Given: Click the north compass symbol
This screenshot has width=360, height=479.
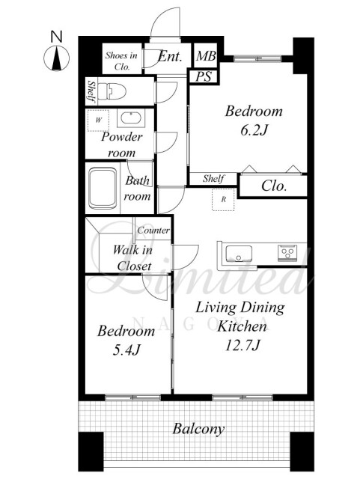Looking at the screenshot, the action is (x=57, y=58).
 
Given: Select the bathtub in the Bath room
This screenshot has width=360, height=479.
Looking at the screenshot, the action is (x=103, y=188).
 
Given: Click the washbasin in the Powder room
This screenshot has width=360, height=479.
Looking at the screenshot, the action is (x=131, y=118).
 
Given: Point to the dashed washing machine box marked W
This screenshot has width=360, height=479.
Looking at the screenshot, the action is (x=98, y=120).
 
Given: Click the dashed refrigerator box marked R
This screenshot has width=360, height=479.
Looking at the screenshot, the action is (x=223, y=200).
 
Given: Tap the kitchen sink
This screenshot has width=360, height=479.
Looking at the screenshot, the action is (x=239, y=254).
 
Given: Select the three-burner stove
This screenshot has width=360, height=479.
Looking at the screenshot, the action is (x=287, y=253).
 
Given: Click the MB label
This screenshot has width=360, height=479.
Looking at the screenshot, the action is (x=206, y=56).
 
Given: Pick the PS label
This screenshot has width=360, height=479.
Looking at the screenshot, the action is (x=204, y=76).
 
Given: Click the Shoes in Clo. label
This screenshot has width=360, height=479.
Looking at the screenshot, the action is (x=122, y=61).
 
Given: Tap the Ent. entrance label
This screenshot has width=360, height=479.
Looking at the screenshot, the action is (x=170, y=57).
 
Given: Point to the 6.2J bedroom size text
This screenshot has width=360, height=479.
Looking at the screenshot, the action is (x=254, y=131).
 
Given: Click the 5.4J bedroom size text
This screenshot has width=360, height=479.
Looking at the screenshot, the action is (x=126, y=350).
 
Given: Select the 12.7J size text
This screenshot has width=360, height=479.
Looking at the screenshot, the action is (x=242, y=346).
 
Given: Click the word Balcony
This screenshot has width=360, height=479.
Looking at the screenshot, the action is (x=198, y=429).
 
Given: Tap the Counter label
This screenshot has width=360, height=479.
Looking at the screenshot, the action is (x=153, y=231).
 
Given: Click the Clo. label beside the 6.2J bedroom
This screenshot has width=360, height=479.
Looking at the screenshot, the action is (x=274, y=186).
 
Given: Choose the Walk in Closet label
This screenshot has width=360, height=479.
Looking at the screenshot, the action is (x=133, y=258).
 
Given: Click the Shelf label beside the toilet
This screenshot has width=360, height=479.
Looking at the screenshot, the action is (x=91, y=91).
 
